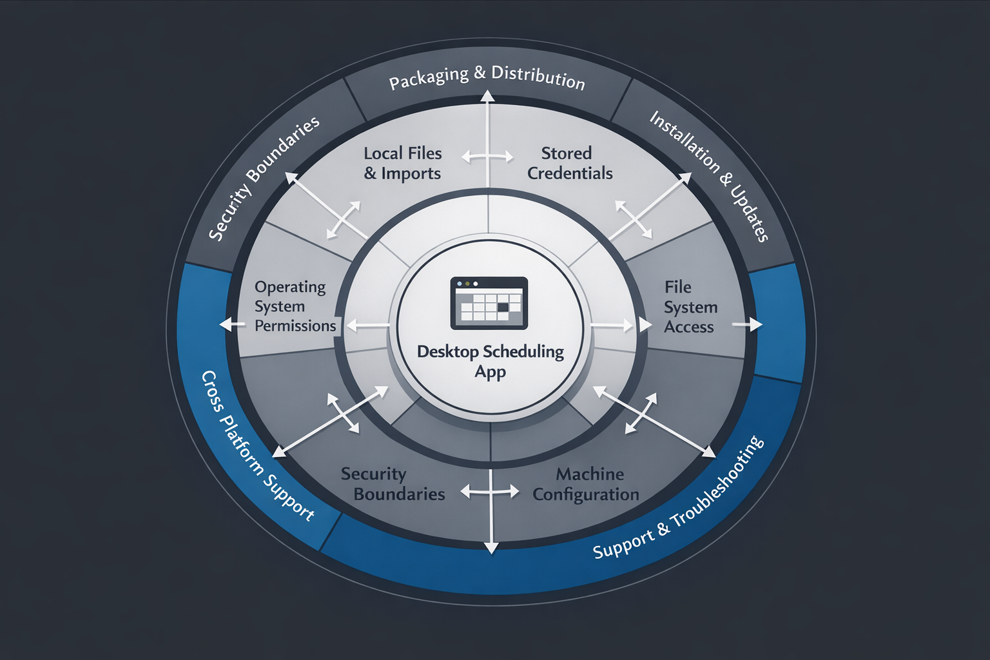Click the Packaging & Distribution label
tap(487, 78)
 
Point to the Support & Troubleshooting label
tap(679, 499)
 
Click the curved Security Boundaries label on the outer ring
tap(264, 179)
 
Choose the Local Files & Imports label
tap(402, 163)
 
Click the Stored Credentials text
tap(569, 163)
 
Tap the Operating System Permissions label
tap(295, 306)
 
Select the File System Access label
tap(690, 307)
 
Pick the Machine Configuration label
tap(587, 484)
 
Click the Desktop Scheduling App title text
tap(490, 361)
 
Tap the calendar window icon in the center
tap(489, 302)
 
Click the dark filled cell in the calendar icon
tap(503, 307)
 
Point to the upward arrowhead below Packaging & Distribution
tap(488, 97)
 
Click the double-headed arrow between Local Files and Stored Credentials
tap(488, 157)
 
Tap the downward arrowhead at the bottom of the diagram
tap(491, 548)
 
